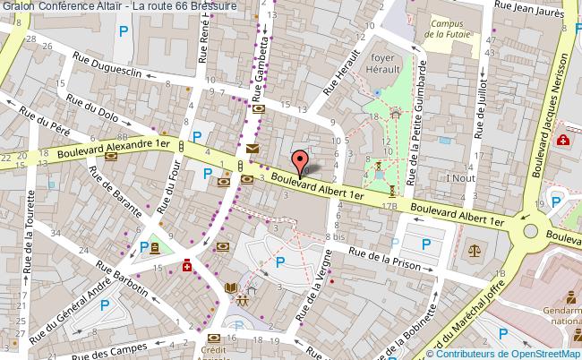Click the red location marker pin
point(299,159)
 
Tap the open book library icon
point(232,287)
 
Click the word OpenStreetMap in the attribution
point(544,352)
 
